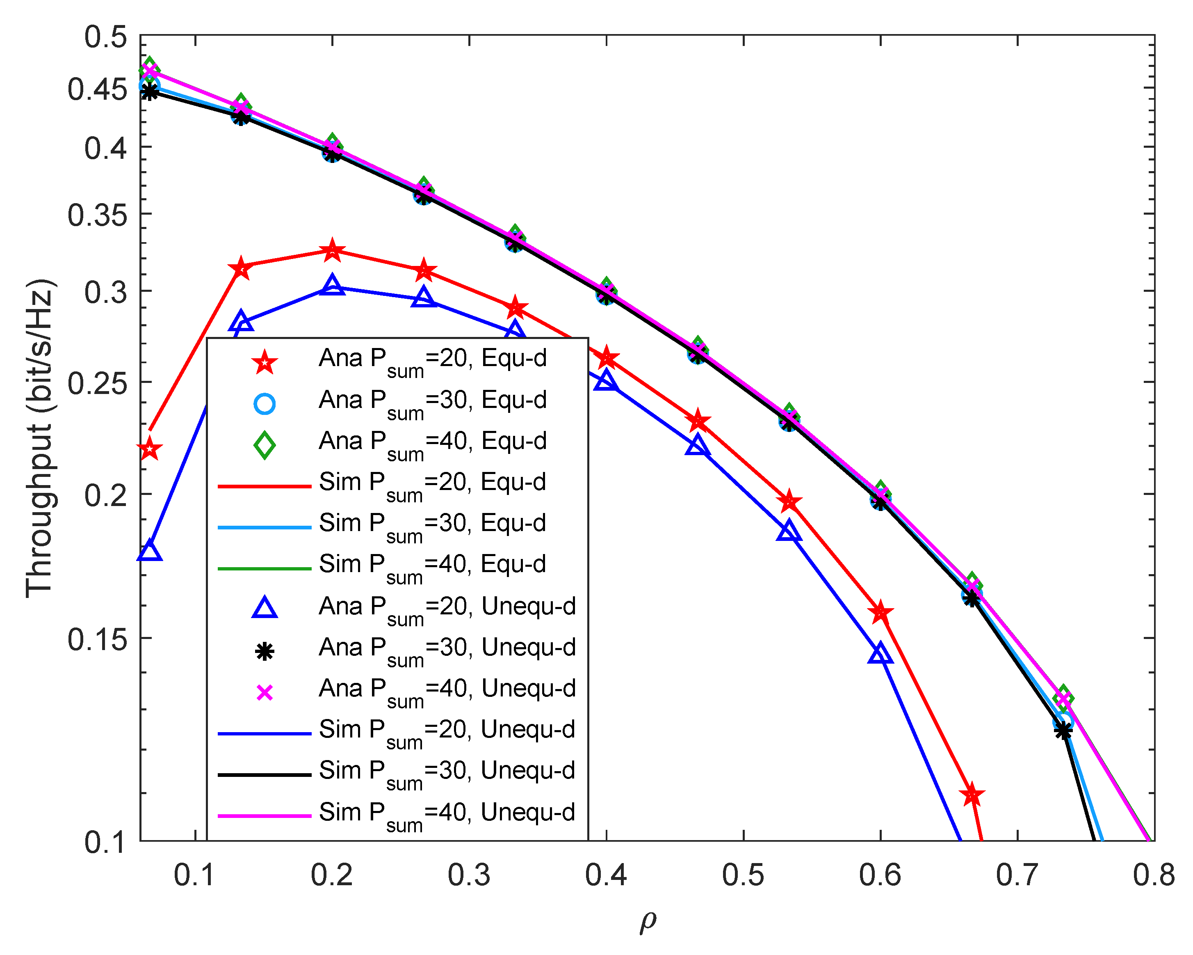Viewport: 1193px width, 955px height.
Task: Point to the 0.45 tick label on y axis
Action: click(x=97, y=89)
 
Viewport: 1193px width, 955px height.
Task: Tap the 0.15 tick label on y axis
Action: click(x=97, y=640)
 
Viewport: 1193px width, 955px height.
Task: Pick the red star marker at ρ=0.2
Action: click(x=332, y=250)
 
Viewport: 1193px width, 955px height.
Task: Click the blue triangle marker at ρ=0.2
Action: click(x=332, y=285)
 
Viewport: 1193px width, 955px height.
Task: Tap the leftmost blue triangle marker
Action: click(x=149, y=551)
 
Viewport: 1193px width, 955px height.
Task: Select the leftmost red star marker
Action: click(x=149, y=449)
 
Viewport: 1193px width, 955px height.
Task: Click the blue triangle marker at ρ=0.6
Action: click(x=880, y=654)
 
